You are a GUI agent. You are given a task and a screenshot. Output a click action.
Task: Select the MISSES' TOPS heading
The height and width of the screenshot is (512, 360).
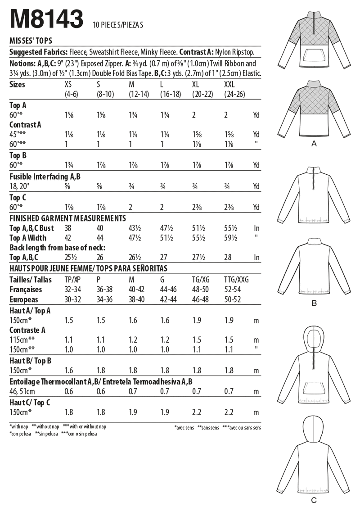coord(31,40)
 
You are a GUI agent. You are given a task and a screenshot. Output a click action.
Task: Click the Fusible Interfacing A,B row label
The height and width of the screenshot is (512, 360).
coord(45,177)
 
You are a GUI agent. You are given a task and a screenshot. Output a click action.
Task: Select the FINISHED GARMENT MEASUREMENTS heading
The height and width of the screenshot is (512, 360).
coord(67,218)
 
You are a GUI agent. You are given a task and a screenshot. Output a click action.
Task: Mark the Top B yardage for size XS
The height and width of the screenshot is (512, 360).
coord(69,165)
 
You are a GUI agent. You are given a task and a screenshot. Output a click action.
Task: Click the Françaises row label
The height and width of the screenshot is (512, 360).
coord(26,290)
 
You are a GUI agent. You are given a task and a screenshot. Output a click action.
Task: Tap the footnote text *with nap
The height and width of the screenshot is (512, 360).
coord(18,426)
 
